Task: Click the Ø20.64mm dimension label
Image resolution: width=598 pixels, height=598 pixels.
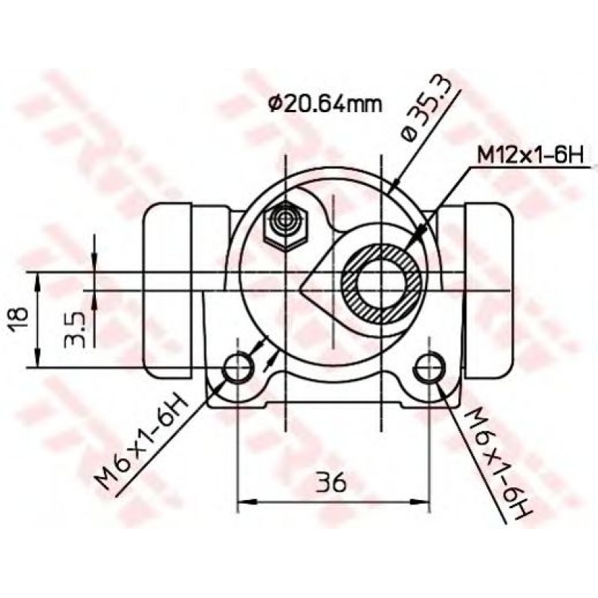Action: click(x=325, y=103)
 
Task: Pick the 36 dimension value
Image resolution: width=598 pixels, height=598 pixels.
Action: click(x=331, y=482)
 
